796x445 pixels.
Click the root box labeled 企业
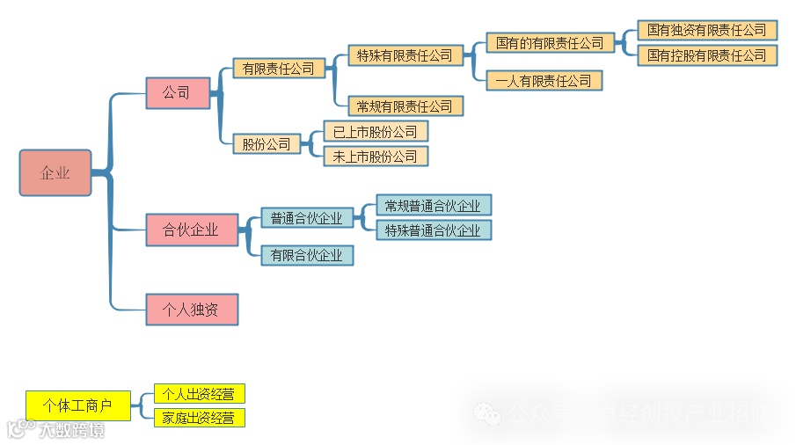55,172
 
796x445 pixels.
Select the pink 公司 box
178,92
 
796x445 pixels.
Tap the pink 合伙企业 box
191,230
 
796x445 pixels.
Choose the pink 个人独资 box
191,310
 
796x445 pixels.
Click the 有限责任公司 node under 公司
278,69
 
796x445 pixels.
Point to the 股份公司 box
267,143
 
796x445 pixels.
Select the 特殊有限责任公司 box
405,55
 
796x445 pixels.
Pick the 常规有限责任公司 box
405,106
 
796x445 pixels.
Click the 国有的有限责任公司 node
550,42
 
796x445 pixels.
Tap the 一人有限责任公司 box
544,81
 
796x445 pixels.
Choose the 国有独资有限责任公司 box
706,30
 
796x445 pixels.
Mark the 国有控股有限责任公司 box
706,55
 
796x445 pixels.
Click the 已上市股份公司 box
375,132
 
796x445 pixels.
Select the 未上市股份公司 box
375,157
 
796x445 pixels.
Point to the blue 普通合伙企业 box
306,218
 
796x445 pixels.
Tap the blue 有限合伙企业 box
306,255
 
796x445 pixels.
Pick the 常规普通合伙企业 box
434,206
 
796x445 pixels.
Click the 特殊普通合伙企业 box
434,230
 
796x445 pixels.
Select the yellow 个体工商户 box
77,405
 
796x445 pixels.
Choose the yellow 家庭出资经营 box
199,418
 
